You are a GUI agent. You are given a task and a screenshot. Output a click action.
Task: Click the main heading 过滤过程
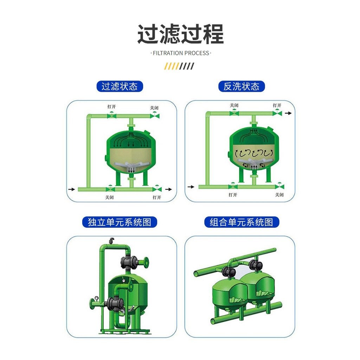[x=180, y=34]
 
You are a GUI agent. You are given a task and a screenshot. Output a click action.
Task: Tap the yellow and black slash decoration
[x=179, y=66]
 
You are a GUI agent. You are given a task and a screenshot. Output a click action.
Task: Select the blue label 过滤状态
[x=120, y=86]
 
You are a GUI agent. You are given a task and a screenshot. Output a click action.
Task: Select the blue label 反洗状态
[x=242, y=86]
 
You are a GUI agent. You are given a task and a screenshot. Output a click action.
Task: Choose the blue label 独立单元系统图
[x=120, y=222]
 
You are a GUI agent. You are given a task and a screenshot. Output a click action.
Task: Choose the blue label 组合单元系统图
[x=242, y=222]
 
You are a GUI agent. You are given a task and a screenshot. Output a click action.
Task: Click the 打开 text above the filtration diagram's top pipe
[x=111, y=107]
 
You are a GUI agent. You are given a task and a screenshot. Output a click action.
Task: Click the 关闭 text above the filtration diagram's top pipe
[x=154, y=108]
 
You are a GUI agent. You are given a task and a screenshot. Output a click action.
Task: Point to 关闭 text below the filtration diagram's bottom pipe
[x=109, y=197]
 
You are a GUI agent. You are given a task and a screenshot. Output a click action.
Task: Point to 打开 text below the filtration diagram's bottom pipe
[x=157, y=197]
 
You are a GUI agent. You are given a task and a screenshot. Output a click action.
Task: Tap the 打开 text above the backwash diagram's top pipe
[x=277, y=105]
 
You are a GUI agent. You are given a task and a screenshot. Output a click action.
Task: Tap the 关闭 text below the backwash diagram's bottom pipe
[x=279, y=195]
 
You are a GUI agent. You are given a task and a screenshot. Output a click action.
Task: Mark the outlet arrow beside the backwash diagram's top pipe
[x=288, y=113]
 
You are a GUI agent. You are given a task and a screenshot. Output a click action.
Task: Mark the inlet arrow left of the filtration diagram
[x=72, y=189]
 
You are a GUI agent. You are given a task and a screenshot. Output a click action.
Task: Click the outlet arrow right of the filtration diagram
[x=168, y=189]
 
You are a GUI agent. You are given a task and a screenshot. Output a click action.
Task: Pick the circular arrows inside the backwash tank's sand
[x=253, y=153]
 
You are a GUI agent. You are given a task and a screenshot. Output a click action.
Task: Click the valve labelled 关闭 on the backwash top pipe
[x=234, y=112]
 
